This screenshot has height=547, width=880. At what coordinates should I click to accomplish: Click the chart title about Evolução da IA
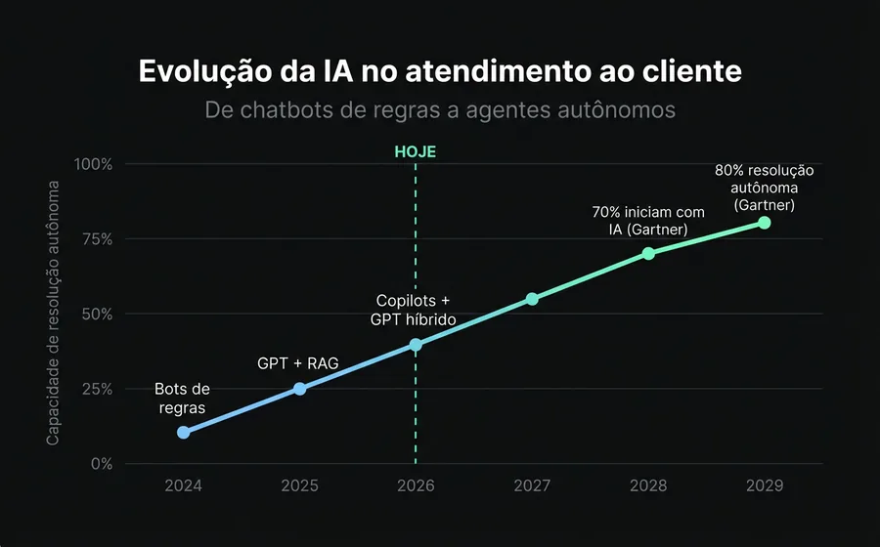[x=439, y=72]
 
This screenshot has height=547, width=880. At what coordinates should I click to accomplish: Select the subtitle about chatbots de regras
[x=439, y=110]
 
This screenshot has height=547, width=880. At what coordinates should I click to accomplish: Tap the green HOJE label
[x=415, y=151]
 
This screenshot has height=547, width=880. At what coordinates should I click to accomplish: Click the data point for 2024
[x=183, y=432]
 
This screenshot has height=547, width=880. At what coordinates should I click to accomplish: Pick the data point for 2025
[x=299, y=389]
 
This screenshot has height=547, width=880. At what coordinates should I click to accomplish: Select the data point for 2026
[x=416, y=344]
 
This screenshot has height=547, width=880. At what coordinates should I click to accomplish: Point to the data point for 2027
[x=532, y=299]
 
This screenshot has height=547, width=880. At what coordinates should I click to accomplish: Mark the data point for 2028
[x=648, y=253]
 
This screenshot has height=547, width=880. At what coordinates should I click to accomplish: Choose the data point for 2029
[x=765, y=223]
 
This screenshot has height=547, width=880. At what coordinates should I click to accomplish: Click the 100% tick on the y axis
[x=95, y=164]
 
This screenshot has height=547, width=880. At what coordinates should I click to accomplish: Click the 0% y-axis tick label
[x=102, y=464]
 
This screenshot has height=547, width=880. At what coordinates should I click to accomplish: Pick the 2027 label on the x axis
[x=532, y=485]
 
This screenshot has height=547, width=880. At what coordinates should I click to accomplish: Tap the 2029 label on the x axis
[x=765, y=485]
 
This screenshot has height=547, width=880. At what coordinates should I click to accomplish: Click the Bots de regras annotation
[x=182, y=399]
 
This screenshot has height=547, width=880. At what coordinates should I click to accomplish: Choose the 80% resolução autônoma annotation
[x=765, y=188]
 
